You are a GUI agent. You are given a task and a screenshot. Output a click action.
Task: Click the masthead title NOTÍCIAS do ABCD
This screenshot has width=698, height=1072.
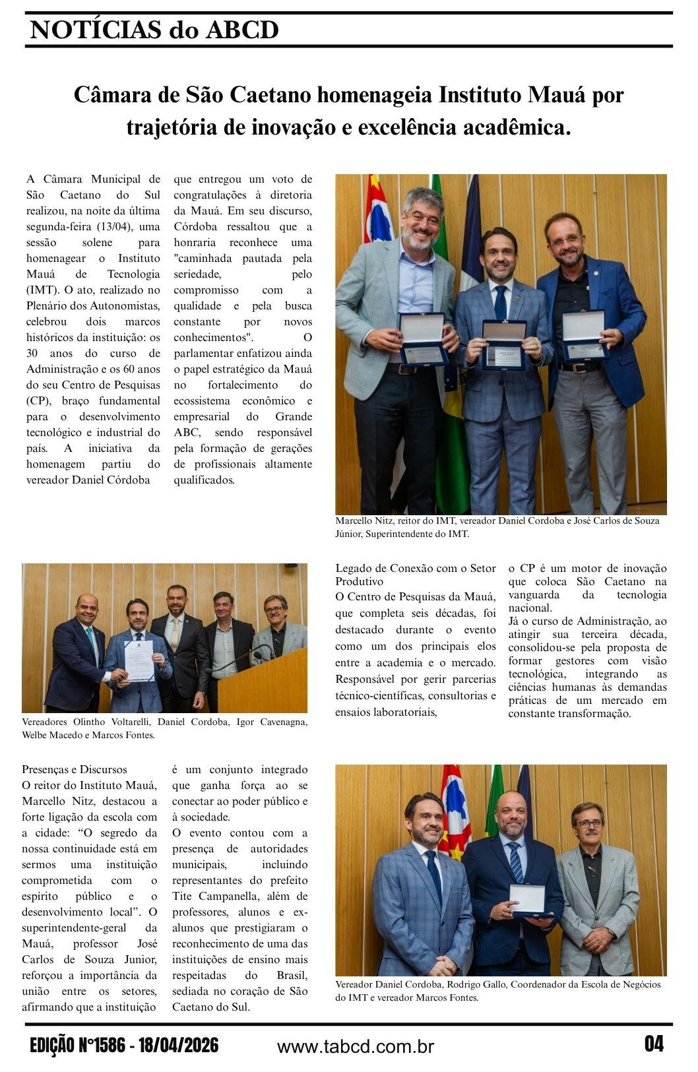pyautogui.click(x=154, y=30)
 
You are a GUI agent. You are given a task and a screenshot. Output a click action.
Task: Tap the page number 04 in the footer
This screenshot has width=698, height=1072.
pyautogui.click(x=654, y=1044)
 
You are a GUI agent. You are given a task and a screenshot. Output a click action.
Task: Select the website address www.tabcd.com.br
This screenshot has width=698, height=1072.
pyautogui.click(x=355, y=1046)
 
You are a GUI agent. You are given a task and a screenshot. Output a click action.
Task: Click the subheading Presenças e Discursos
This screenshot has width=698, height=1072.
pyautogui.click(x=75, y=769)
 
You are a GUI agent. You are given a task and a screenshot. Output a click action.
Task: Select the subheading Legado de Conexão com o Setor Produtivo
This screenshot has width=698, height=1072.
pyautogui.click(x=415, y=575)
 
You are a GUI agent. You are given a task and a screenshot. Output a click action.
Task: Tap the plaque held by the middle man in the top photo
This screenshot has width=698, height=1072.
pyautogui.click(x=504, y=344)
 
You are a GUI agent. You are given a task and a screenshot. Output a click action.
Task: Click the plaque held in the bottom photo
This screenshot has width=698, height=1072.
pyautogui.click(x=528, y=900)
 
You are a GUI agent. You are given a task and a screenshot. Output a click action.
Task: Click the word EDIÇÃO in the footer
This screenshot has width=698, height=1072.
pyautogui.click(x=52, y=1046)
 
